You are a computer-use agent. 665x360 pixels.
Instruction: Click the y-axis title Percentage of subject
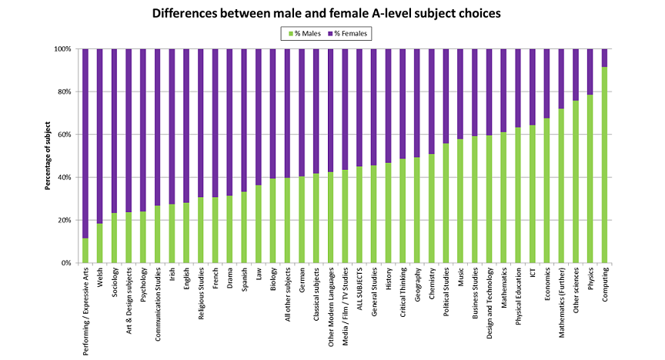(48, 155)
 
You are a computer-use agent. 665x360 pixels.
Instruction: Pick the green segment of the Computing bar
(605, 165)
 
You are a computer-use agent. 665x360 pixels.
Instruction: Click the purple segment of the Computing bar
(605, 58)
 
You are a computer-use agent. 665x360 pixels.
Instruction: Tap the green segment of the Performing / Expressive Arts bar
(85, 251)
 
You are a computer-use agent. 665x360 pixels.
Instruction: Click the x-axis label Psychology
(143, 288)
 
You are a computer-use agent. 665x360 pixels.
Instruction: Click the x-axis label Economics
(547, 286)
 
